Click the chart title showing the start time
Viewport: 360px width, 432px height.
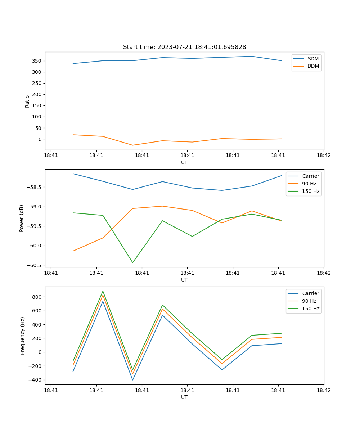click(184, 47)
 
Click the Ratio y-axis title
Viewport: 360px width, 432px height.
click(27, 101)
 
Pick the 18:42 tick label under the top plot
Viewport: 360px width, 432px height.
click(323, 156)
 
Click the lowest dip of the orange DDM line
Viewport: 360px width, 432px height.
click(132, 145)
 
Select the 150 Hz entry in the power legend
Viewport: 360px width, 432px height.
click(310, 191)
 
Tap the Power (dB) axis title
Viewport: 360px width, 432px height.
click(22, 218)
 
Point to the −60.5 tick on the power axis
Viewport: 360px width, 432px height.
click(35, 265)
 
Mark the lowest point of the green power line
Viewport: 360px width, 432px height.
click(132, 262)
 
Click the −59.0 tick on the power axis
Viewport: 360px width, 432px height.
click(35, 207)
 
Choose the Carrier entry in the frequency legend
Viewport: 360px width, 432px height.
click(310, 293)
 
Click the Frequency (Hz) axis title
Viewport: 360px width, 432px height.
click(22, 336)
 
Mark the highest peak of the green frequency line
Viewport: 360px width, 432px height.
click(103, 291)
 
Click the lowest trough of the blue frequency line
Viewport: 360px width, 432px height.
click(132, 380)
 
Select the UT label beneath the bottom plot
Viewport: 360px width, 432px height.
click(184, 397)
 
